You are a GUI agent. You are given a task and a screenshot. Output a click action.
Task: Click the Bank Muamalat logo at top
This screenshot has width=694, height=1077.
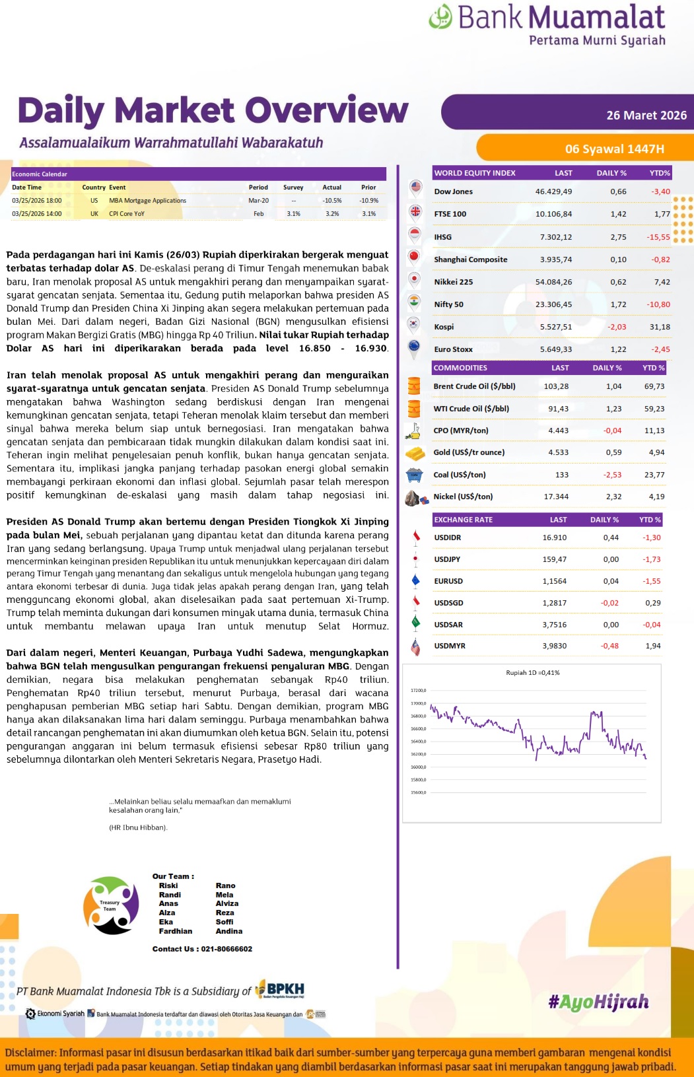pos(547,24)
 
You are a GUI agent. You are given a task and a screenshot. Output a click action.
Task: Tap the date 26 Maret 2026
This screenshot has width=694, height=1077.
pos(646,116)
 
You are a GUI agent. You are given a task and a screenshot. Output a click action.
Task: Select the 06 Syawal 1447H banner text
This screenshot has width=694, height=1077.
pos(614,149)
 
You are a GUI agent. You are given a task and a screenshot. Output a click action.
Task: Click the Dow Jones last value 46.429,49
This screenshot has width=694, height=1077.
pos(553,191)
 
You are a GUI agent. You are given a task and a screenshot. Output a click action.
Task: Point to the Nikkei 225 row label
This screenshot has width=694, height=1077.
pos(454,282)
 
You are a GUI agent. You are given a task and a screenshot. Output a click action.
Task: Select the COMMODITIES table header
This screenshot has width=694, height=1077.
pos(460,368)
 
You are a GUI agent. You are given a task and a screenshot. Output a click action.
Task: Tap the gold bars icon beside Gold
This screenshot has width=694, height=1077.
pos(415,453)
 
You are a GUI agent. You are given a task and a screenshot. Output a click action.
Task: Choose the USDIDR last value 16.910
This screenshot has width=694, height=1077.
pos(554,538)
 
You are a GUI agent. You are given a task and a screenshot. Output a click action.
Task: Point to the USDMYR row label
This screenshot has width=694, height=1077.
pos(450,646)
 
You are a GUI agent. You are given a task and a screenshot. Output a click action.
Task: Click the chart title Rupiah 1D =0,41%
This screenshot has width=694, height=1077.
pos(532,673)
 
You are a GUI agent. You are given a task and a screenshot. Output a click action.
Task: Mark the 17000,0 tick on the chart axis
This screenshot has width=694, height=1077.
pos(419,704)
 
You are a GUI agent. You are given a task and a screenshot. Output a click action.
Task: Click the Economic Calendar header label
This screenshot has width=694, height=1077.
pos(40,174)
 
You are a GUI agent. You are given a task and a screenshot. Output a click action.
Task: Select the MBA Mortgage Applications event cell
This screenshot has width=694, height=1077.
pos(147,201)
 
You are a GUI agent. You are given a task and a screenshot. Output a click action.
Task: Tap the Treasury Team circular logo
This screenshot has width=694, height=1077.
pos(110,905)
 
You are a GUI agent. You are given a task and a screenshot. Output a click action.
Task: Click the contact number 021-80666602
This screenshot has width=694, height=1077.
pos(226,949)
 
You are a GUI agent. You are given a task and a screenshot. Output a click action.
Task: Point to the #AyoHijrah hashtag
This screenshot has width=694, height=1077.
pos(598,1002)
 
